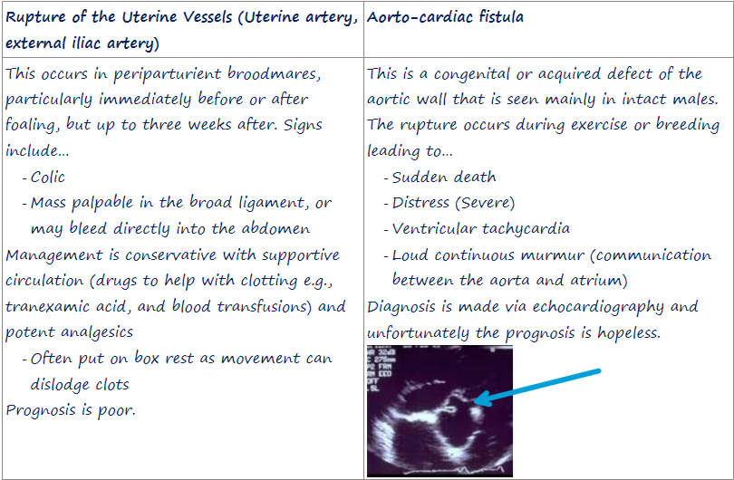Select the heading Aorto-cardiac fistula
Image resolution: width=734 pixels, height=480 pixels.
pos(445,17)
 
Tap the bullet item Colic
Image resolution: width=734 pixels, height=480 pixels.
pos(47,177)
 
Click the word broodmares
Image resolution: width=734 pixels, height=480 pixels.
pos(274,74)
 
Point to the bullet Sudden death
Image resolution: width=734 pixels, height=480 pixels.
pos(444,177)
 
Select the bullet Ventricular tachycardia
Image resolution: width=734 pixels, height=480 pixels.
pos(481,228)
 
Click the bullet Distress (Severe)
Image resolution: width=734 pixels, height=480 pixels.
pos(453,203)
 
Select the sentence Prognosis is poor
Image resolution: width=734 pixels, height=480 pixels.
pos(70,410)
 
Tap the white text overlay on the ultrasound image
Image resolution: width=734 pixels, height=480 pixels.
pos(380,370)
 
